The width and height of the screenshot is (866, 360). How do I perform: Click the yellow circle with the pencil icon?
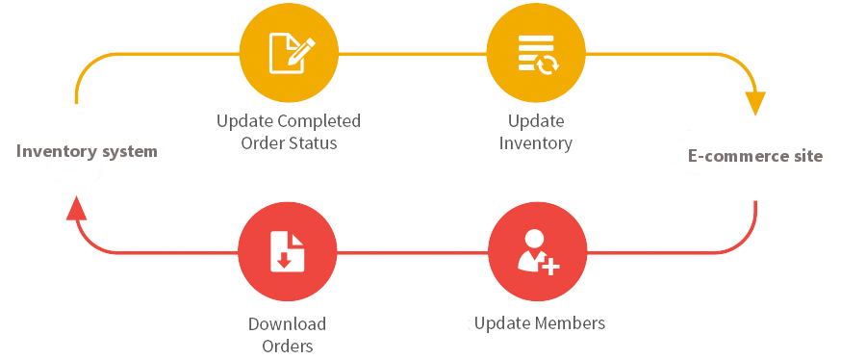(288, 53)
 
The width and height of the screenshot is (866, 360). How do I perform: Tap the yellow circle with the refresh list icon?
(536, 53)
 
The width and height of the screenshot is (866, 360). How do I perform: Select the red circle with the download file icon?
(288, 252)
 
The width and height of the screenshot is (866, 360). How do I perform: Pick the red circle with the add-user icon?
(536, 252)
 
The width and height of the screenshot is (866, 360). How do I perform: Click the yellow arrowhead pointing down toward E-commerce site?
(756, 102)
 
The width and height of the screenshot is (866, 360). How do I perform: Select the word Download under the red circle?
(287, 324)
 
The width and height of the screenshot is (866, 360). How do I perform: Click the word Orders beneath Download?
(287, 345)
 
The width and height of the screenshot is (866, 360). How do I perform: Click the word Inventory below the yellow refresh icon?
(536, 143)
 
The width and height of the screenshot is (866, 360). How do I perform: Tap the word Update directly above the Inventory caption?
(536, 122)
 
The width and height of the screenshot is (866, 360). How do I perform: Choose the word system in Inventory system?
(126, 151)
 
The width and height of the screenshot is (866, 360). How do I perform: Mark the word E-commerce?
(734, 156)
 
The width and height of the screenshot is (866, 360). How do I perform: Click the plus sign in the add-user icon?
(550, 266)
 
